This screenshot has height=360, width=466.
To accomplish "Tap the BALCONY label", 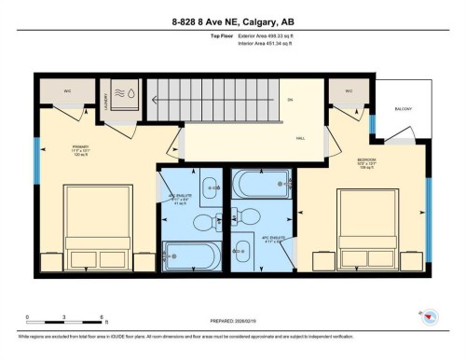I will click(404, 107).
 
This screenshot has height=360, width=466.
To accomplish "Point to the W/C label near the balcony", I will click(349, 90).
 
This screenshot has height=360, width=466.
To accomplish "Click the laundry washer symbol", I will click(124, 94).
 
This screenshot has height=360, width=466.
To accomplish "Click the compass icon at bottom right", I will click(430, 316).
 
